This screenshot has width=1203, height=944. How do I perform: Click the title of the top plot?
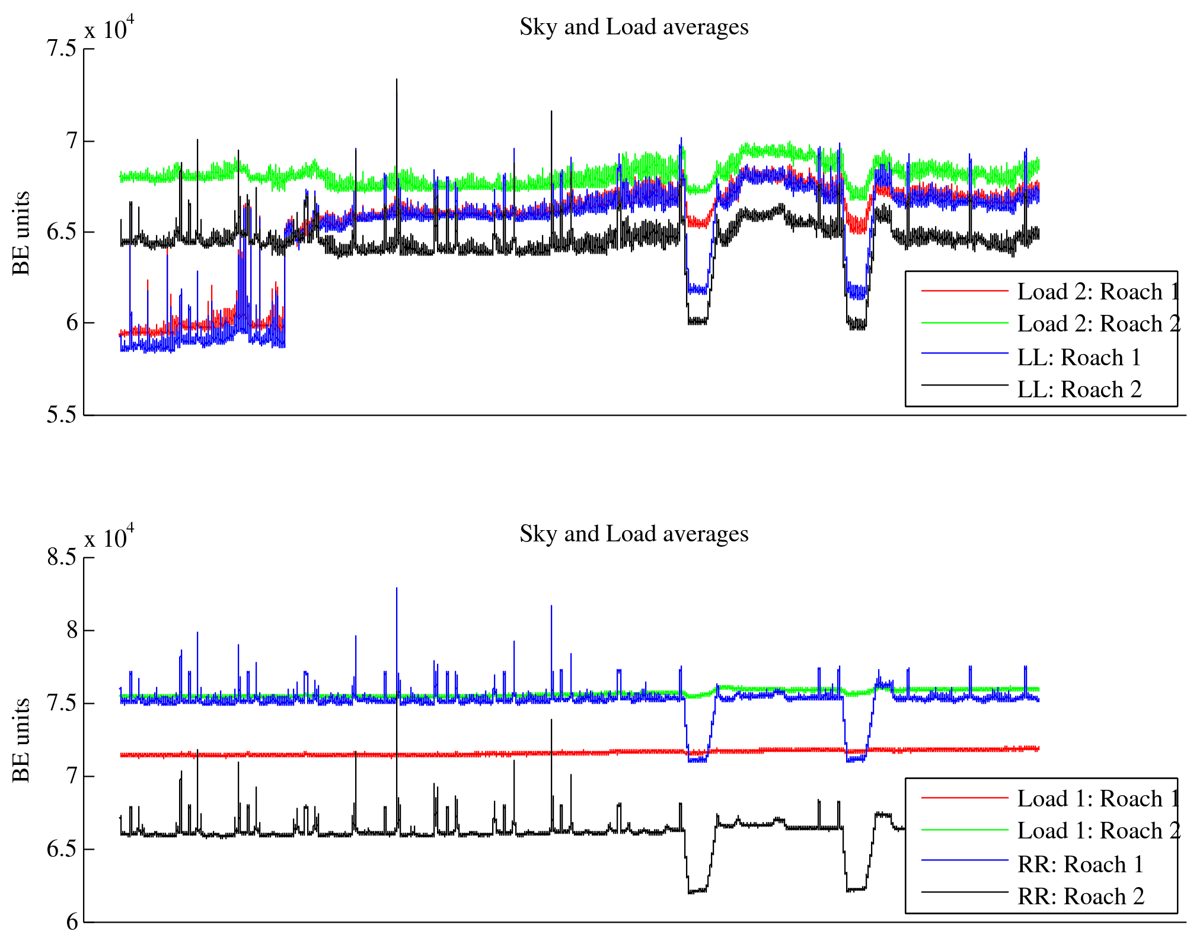tap(634, 27)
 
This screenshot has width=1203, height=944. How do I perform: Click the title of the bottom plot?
tap(634, 534)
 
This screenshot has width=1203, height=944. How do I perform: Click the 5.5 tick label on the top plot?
tap(62, 415)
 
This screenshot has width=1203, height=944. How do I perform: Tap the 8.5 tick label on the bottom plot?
tap(62, 557)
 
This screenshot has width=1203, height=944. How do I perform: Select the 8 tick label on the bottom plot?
tap(72, 630)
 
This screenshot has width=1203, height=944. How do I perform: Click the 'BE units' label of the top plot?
tap(21, 233)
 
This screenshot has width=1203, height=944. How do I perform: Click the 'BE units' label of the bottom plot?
tap(21, 740)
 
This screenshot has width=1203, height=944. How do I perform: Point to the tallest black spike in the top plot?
tap(397, 81)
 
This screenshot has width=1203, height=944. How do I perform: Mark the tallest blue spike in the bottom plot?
tap(397, 589)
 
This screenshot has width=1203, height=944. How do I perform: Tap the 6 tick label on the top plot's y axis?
tap(72, 323)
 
